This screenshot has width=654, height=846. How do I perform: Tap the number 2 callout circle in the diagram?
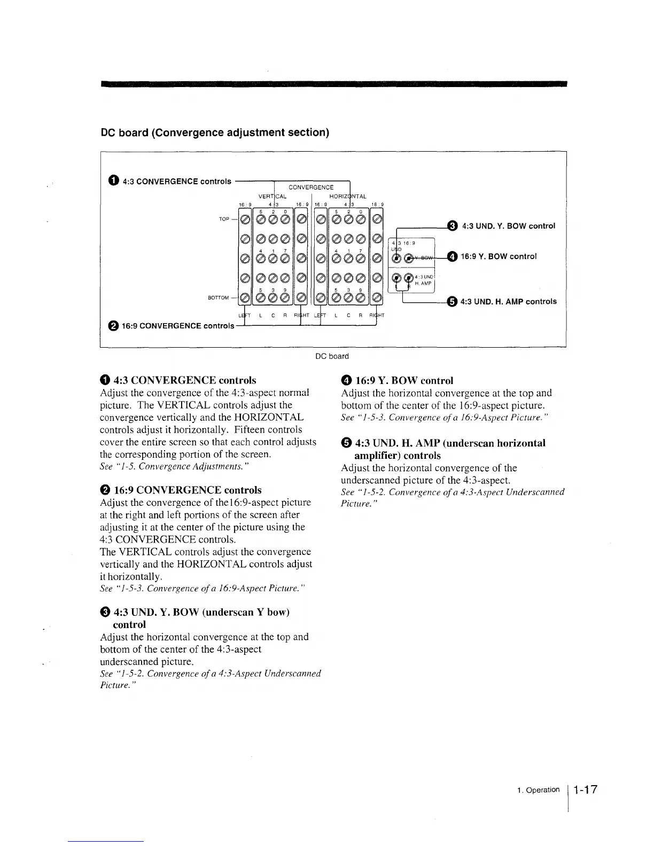point(114,326)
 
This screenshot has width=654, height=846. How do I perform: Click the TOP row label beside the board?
point(224,219)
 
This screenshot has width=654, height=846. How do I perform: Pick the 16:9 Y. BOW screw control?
point(408,258)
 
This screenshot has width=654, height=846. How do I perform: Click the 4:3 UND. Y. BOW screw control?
point(396,258)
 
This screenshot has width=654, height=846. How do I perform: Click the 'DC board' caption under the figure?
point(332,356)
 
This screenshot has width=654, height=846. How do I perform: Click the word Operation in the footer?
point(542,790)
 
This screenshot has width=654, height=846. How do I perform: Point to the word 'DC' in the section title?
point(108,132)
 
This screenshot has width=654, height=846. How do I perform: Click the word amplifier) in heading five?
point(378,456)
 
